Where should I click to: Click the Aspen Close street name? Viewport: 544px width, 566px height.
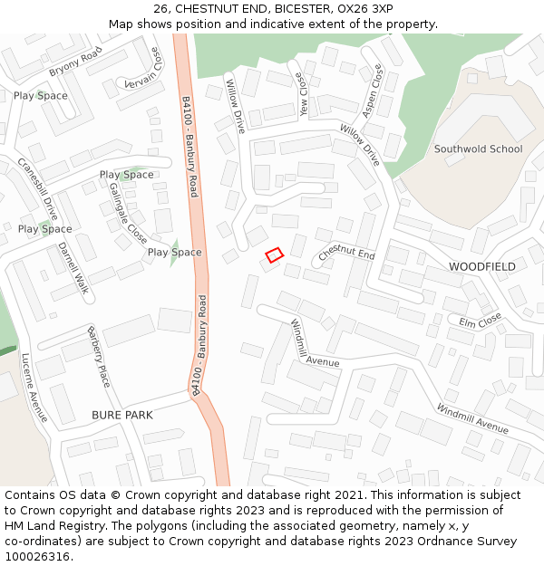(x=372, y=91)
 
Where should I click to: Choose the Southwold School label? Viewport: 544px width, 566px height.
(x=478, y=149)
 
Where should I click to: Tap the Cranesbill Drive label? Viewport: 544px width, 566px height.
(x=37, y=188)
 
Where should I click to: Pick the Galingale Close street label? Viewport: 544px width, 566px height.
(x=128, y=211)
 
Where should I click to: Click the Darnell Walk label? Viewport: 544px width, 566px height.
(x=73, y=268)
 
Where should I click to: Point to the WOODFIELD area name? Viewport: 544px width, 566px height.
(x=482, y=267)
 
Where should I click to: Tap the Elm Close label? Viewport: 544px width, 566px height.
(x=480, y=321)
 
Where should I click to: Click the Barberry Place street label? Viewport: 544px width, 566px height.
(x=98, y=357)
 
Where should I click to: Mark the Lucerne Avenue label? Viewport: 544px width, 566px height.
(x=34, y=388)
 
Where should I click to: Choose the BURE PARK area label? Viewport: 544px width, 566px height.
(x=122, y=415)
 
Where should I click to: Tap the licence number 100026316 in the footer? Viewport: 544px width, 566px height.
(x=37, y=557)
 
